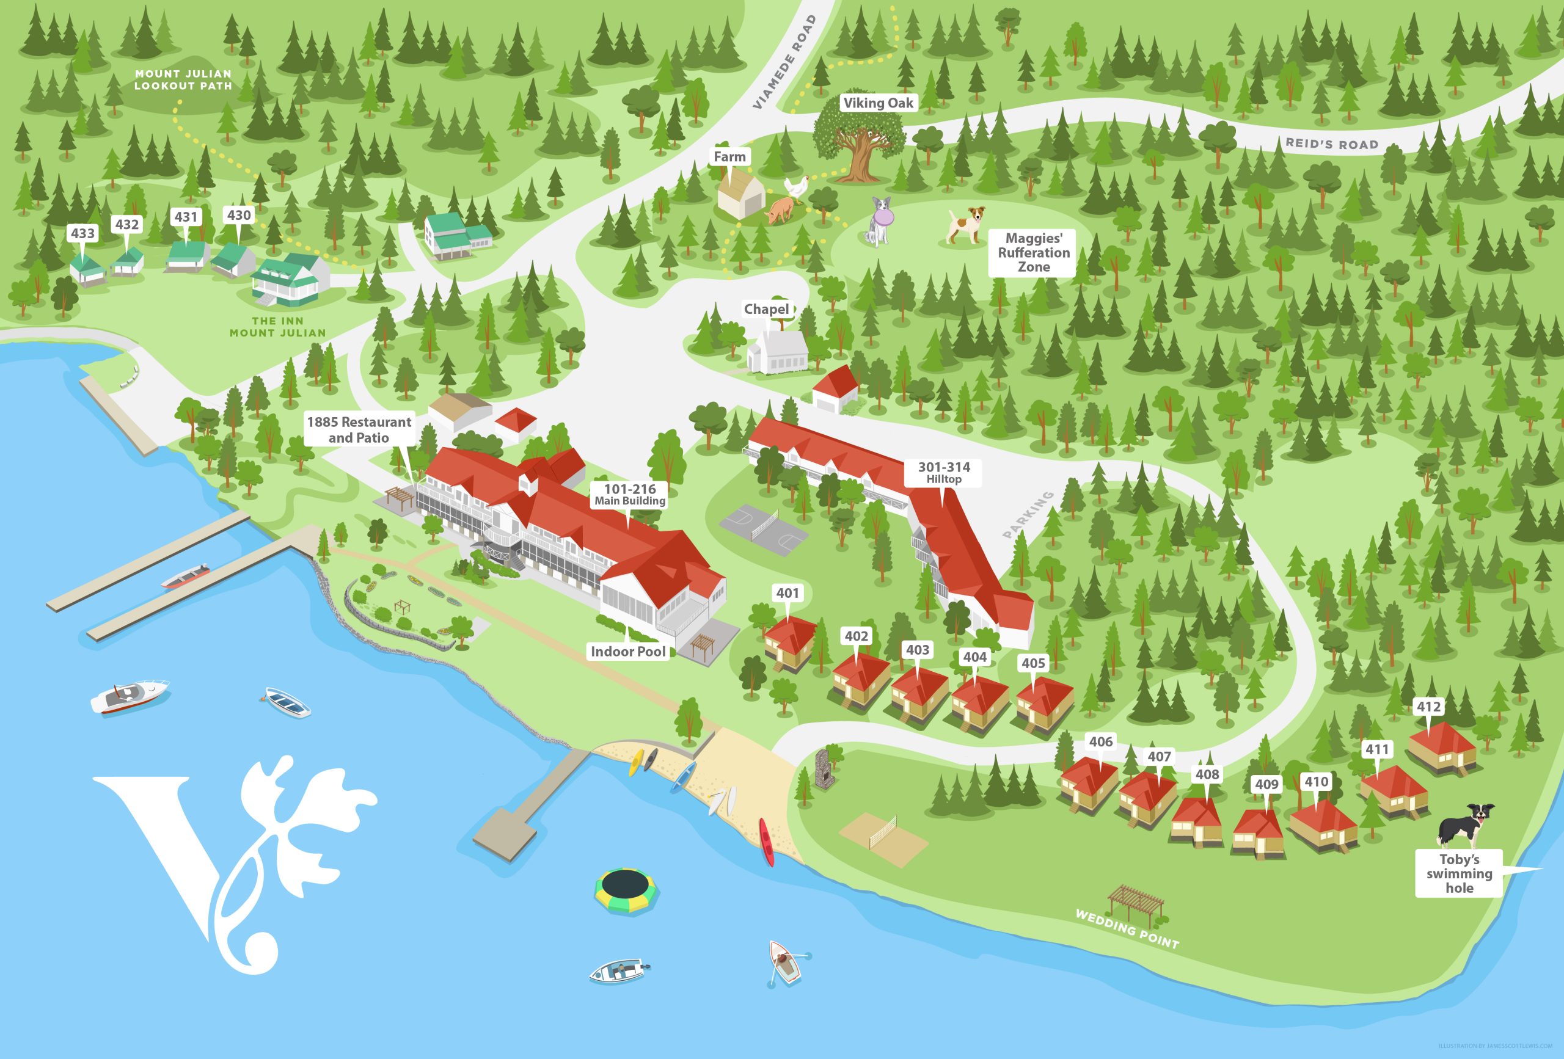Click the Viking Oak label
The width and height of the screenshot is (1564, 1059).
[x=879, y=103]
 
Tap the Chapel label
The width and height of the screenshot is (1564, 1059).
[x=766, y=310]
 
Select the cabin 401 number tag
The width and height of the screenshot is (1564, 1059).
[x=787, y=593]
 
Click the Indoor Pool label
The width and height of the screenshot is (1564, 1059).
[x=627, y=651]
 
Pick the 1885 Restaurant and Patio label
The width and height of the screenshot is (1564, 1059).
[x=359, y=429]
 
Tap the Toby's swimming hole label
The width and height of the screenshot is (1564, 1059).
[x=1459, y=873]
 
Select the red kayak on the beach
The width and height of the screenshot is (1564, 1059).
[x=767, y=841]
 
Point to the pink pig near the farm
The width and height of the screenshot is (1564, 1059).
[x=780, y=210]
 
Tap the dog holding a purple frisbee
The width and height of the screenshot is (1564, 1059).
[x=879, y=220]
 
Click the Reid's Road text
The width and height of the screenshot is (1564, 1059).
[x=1331, y=144]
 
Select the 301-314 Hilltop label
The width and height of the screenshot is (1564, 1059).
[x=943, y=472]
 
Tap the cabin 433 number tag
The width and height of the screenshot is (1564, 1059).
[x=82, y=233]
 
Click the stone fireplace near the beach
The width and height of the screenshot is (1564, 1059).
[x=823, y=768]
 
